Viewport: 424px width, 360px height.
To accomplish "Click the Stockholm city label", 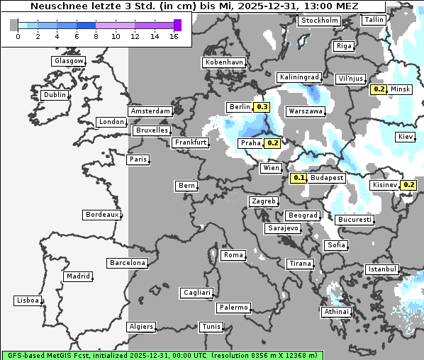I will click(319, 21).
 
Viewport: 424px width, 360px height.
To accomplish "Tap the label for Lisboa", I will click(28, 300).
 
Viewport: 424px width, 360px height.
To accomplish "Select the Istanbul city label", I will click(382, 269).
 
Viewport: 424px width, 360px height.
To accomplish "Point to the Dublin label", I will click(55, 95).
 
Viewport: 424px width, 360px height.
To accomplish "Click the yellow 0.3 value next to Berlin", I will click(262, 107).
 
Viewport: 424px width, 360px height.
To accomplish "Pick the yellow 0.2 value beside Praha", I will click(272, 143).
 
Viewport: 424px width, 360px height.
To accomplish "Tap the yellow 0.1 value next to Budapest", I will click(299, 178).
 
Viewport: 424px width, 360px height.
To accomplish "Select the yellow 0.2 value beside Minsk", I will click(379, 89).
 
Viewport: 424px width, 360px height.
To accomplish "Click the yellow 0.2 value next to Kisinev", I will click(408, 185).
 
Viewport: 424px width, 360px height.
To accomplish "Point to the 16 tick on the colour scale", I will click(174, 36).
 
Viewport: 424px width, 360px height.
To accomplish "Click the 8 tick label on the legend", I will click(95, 36).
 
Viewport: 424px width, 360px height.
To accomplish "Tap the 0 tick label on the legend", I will click(18, 36).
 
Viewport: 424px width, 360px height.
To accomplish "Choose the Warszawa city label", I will click(306, 111).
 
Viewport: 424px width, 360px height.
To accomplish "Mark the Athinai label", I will click(336, 312).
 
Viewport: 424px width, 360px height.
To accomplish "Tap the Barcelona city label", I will click(128, 263).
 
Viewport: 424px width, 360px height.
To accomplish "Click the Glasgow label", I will click(69, 61).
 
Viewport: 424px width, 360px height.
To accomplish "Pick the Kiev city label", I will click(406, 137).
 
